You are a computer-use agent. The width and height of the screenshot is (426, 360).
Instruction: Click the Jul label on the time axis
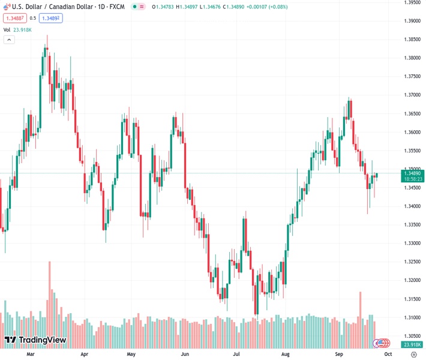click(237, 355)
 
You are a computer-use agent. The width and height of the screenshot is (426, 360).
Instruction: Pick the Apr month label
click(84, 355)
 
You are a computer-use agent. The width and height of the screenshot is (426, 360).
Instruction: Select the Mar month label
click(31, 355)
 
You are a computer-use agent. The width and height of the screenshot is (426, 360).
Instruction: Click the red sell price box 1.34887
click(16, 18)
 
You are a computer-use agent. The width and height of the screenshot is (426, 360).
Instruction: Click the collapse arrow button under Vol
click(9, 40)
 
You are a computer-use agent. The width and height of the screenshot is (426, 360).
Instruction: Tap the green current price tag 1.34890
click(412, 173)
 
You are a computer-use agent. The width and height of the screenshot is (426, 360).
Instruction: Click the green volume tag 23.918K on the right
click(412, 344)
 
